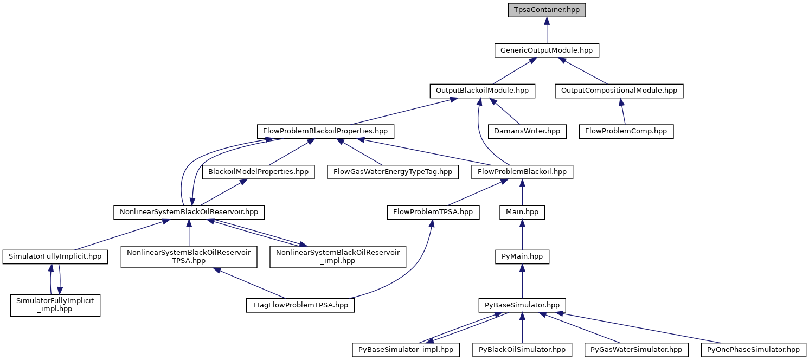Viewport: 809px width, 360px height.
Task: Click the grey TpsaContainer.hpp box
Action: tap(547, 10)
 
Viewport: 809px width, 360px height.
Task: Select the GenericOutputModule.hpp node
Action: tap(547, 50)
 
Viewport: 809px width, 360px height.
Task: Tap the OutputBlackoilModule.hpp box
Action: tap(482, 91)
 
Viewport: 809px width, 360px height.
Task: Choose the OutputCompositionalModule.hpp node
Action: tap(619, 91)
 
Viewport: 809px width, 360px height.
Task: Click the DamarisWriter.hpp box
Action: tap(527, 131)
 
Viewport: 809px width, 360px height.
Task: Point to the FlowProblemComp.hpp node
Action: tap(626, 131)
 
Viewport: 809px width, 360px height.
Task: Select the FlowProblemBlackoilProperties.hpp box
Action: tap(325, 131)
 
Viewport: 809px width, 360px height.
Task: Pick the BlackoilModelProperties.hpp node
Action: tap(258, 172)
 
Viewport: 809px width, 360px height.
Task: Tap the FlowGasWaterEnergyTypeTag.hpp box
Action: tap(393, 172)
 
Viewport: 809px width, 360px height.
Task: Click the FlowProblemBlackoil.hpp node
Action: tap(522, 172)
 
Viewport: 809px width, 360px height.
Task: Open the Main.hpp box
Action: tap(522, 213)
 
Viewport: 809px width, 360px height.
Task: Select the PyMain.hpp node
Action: tap(522, 257)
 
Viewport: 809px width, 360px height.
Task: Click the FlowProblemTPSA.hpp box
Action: tap(433, 213)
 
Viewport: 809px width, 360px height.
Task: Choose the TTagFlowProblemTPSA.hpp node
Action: tap(300, 305)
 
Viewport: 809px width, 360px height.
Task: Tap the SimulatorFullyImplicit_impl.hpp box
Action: tap(55, 305)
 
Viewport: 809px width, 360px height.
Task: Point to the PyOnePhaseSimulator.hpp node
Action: tap(753, 350)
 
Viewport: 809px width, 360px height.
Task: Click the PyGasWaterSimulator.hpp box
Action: tap(637, 350)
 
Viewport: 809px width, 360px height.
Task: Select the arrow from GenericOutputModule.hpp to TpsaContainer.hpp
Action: tap(547, 30)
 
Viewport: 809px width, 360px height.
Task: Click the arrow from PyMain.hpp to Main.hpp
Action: tap(522, 235)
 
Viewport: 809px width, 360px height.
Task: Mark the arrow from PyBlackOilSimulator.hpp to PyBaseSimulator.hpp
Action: tap(522, 328)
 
